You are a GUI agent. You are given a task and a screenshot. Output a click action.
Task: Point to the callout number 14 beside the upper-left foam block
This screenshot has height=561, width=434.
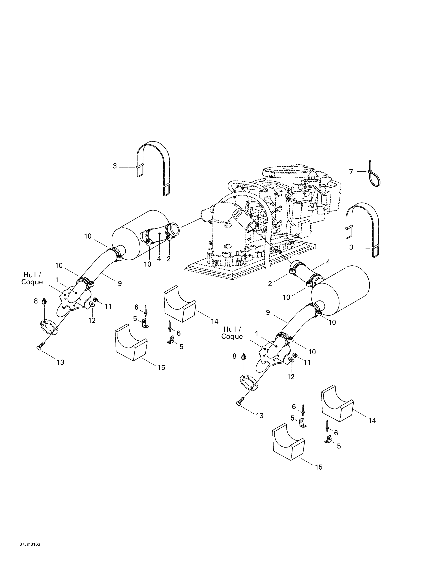pos(214,321)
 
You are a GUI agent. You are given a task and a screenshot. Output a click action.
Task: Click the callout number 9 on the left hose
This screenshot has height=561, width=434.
pos(120,283)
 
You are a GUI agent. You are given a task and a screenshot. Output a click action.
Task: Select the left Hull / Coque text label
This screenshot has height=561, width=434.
pos(32,278)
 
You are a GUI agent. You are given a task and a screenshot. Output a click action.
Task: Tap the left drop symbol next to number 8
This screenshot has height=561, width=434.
pos(44,301)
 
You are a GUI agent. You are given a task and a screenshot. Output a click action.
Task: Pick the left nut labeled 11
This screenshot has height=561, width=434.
pos(95,300)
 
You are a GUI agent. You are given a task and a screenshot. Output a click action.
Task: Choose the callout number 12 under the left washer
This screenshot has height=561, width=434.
pos(92,320)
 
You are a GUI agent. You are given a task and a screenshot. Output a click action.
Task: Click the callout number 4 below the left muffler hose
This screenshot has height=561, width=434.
pos(159,259)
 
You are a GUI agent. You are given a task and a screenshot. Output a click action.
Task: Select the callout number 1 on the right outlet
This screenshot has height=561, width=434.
pos(256,334)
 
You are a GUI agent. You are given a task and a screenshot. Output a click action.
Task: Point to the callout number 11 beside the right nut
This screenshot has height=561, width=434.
pos(307,362)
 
